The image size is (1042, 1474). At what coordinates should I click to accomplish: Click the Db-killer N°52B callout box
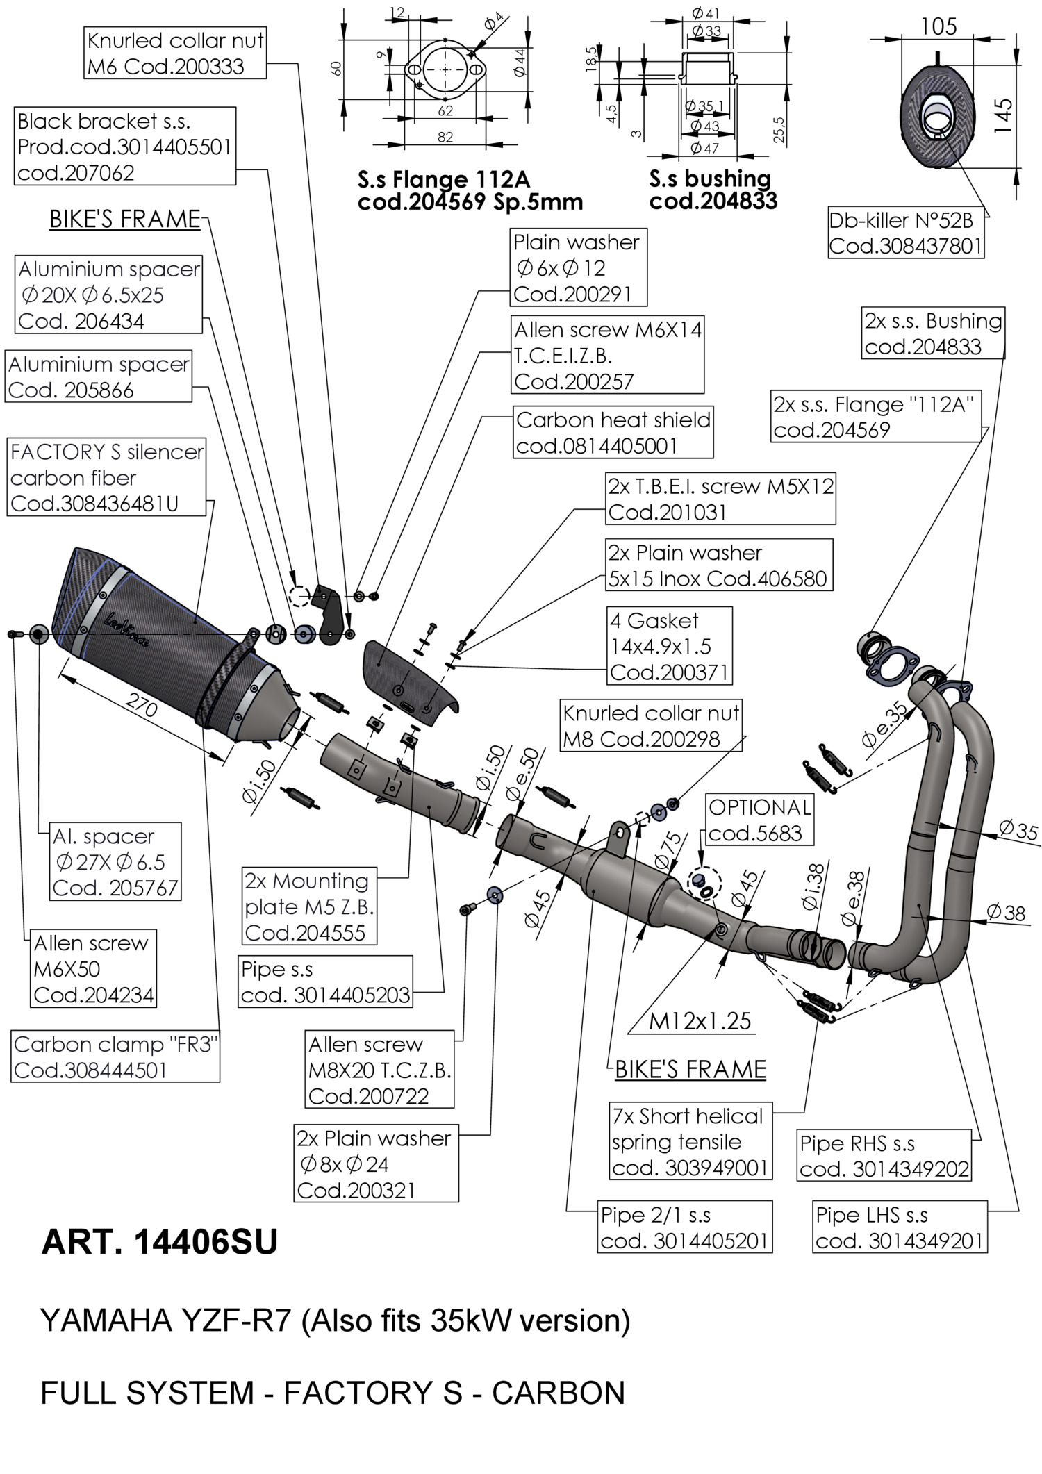906,233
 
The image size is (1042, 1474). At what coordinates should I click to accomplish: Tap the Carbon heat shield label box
613,433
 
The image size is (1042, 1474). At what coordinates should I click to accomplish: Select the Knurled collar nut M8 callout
651,726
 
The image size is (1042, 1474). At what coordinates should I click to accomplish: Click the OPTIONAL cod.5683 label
759,820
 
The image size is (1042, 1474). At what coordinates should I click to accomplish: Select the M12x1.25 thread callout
700,1020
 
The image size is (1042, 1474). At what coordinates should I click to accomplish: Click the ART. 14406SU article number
159,1242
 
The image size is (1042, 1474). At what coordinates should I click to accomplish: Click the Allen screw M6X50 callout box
93,969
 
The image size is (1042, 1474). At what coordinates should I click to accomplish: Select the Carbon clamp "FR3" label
116,1057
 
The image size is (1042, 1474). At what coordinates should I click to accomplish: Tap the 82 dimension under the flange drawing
445,137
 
